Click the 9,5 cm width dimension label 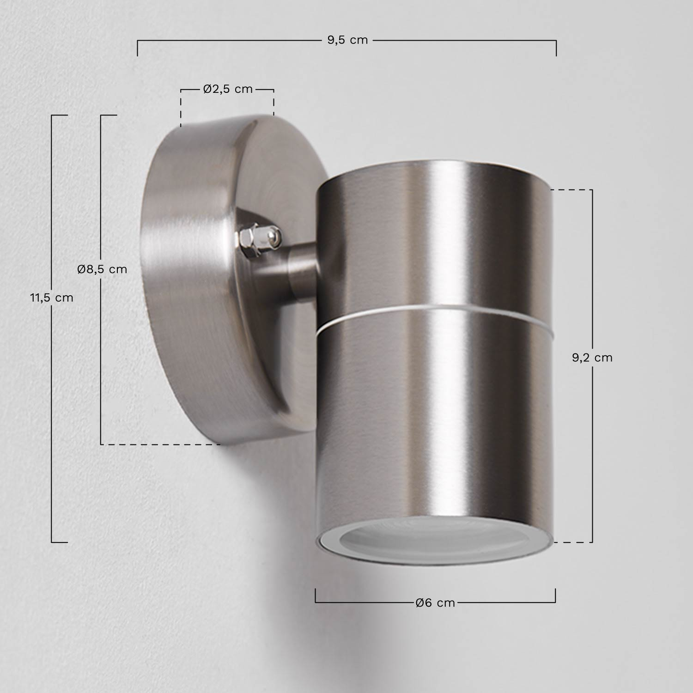click(347, 40)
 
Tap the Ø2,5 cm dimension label click(228, 89)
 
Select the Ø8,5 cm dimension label click(102, 269)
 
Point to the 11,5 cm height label click(52, 298)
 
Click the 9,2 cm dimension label click(592, 357)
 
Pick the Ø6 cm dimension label click(435, 602)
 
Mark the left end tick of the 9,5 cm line click(137, 48)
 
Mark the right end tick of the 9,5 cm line click(556, 48)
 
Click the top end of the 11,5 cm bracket click(59, 115)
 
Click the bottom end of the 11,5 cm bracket click(59, 542)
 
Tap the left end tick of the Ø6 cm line click(316, 596)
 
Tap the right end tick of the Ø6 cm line click(555, 596)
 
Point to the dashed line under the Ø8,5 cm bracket click(162, 444)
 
